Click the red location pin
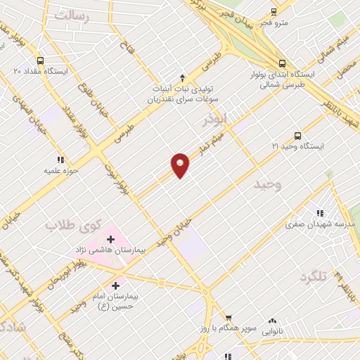tap(180, 165)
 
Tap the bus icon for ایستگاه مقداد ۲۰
tap(40, 60)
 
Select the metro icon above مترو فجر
tap(274, 12)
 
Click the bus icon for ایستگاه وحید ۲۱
tap(297, 136)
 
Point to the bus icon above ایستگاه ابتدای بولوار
tap(282, 62)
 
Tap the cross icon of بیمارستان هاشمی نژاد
tap(110, 240)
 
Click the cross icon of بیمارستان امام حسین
tap(115, 286)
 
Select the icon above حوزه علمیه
tap(60, 160)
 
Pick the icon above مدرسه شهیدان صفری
tap(320, 213)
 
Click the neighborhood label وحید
tap(267, 184)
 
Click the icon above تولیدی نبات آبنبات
tap(182, 77)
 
